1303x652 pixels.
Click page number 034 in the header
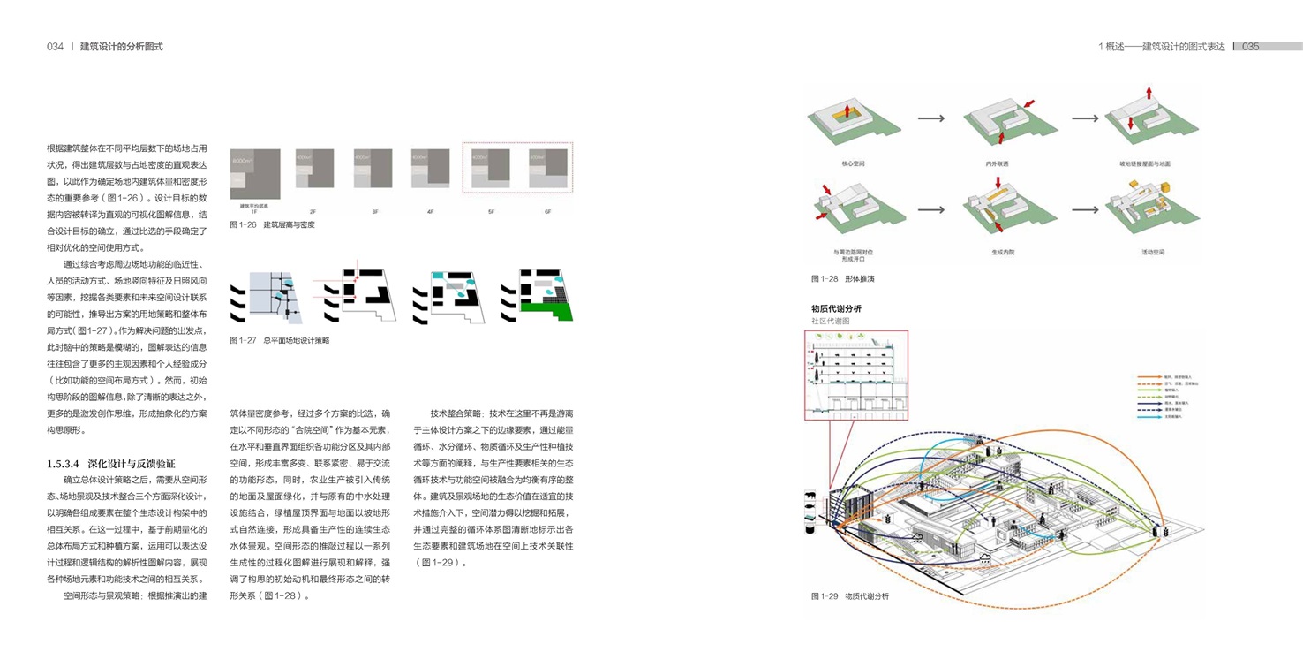[x=55, y=47]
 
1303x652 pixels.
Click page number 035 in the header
[x=1250, y=47]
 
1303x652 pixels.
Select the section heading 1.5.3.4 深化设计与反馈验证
[x=111, y=464]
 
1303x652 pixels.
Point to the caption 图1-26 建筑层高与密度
[x=272, y=225]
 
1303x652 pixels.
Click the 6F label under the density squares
[x=547, y=212]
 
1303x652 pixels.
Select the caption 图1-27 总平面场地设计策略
[x=279, y=340]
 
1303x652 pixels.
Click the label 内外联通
[x=997, y=164]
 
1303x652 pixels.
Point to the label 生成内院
[x=1003, y=253]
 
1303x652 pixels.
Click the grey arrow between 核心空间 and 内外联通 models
[x=931, y=118]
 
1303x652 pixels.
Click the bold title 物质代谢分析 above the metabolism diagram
[x=836, y=308]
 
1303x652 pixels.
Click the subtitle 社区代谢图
[x=830, y=322]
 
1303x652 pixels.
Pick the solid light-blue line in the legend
[x=1148, y=416]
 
